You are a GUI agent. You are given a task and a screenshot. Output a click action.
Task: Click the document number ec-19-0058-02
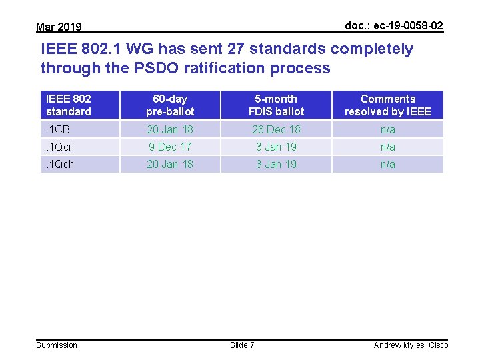(393, 25)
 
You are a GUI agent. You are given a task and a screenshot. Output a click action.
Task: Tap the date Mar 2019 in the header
(59, 27)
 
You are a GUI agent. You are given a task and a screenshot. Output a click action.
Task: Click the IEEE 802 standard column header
(69, 105)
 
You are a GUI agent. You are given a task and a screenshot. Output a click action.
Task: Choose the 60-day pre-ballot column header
(170, 105)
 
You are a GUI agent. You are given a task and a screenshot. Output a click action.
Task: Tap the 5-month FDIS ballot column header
(276, 105)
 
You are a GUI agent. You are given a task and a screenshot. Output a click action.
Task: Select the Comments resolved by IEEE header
(387, 105)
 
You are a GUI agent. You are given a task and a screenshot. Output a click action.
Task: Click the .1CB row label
(58, 129)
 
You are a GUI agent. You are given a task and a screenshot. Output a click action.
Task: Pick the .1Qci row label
(59, 147)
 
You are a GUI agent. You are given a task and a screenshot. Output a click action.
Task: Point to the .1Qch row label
(60, 164)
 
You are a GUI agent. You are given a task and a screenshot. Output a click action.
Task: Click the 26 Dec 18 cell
(276, 129)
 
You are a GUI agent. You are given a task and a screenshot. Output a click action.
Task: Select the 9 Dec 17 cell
(170, 147)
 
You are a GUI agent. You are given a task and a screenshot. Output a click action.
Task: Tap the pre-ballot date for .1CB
(170, 129)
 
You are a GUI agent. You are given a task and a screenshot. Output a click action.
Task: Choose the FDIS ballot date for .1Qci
(276, 147)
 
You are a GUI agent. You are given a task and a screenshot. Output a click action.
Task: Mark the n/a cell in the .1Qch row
(387, 164)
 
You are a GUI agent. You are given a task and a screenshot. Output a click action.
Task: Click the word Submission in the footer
(57, 345)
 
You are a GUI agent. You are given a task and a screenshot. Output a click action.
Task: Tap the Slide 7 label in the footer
(242, 345)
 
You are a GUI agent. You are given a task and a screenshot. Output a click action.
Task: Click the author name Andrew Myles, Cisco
(411, 345)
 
